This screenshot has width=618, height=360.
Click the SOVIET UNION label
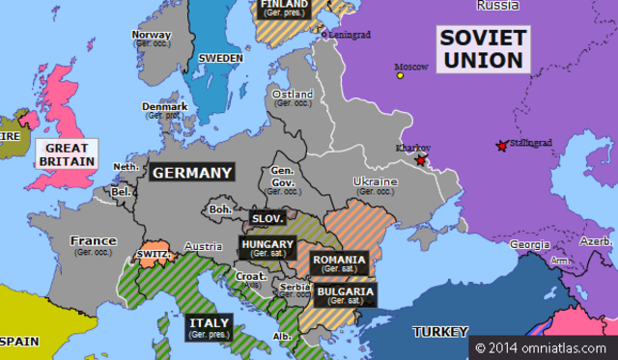point(482,48)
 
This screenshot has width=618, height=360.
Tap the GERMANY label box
point(191,173)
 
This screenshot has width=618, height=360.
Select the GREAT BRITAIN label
point(67,154)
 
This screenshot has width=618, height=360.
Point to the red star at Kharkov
point(420,161)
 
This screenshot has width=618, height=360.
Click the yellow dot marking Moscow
point(399,75)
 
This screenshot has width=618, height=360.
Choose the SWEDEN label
point(220,58)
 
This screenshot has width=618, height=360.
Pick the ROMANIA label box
point(339,263)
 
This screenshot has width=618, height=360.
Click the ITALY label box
point(210,327)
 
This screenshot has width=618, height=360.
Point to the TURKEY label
point(440,332)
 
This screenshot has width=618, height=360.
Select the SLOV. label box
point(267,219)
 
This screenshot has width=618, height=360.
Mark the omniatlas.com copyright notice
point(542,346)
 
